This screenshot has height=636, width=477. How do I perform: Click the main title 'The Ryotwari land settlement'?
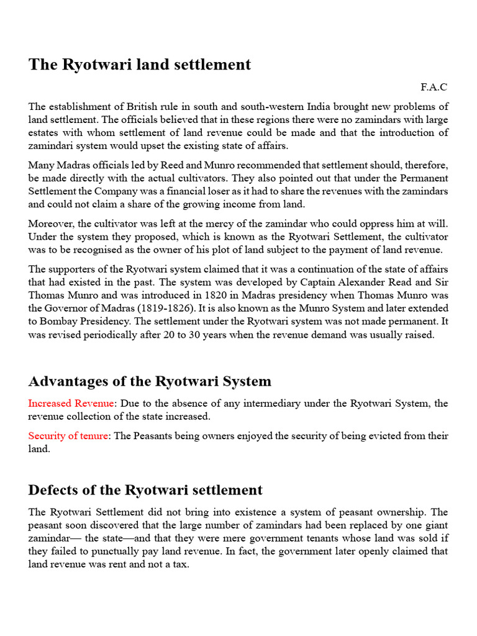[x=140, y=65]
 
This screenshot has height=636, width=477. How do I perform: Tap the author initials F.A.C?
[x=434, y=87]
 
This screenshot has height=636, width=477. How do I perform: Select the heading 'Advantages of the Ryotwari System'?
[x=150, y=381]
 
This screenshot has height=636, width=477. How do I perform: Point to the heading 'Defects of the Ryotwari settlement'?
[x=145, y=490]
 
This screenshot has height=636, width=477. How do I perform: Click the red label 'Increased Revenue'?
[x=71, y=404]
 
